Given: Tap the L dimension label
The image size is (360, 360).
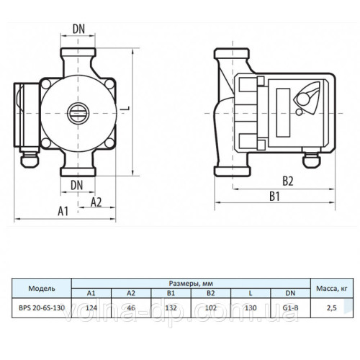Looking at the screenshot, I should [x=127, y=107].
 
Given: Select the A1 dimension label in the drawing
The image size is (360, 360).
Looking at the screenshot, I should [x=63, y=211].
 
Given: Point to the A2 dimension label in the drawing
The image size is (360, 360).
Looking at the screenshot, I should [x=95, y=202].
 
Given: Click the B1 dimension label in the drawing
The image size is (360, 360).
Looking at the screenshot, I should [x=274, y=195].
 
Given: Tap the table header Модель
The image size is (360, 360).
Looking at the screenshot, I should [x=42, y=288].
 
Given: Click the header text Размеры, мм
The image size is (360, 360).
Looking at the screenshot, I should [x=192, y=283].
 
